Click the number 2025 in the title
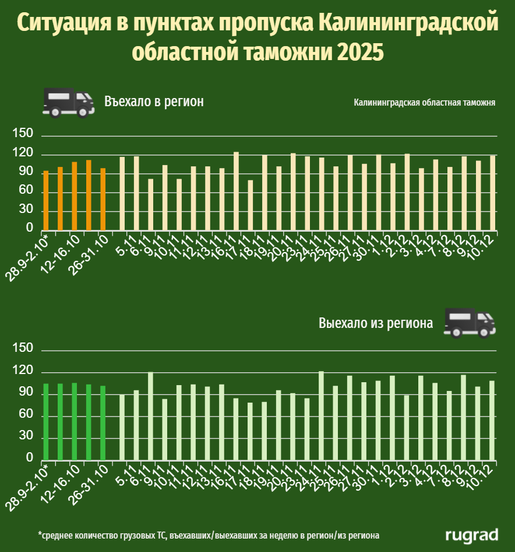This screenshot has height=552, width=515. [359, 51]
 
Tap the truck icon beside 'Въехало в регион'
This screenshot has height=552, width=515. [68, 103]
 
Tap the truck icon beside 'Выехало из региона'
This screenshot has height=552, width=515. [469, 323]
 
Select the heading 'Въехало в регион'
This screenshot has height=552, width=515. [154, 102]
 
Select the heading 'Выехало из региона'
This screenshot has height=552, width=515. [376, 323]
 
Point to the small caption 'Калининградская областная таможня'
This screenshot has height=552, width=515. [424, 103]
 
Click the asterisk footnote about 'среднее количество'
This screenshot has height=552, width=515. [209, 534]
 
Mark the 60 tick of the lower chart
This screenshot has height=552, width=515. [26, 415]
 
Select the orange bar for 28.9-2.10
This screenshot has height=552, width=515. [46, 200]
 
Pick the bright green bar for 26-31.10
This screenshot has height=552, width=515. [103, 422]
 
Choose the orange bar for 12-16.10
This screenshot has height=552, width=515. [75, 196]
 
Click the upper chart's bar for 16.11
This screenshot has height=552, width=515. [236, 191]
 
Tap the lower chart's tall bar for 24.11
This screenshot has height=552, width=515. [321, 415]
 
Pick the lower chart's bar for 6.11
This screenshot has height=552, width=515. [150, 415]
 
